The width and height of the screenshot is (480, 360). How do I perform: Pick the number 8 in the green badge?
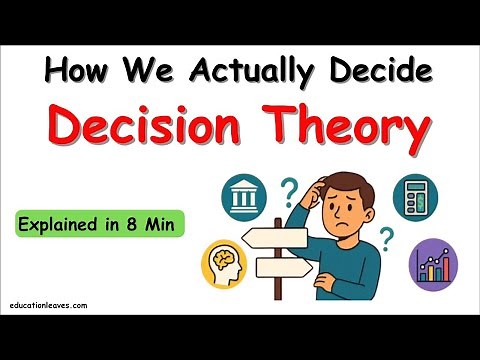147,222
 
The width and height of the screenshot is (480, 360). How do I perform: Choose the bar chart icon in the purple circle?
431,265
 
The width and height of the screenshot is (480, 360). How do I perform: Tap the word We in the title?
160,71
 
